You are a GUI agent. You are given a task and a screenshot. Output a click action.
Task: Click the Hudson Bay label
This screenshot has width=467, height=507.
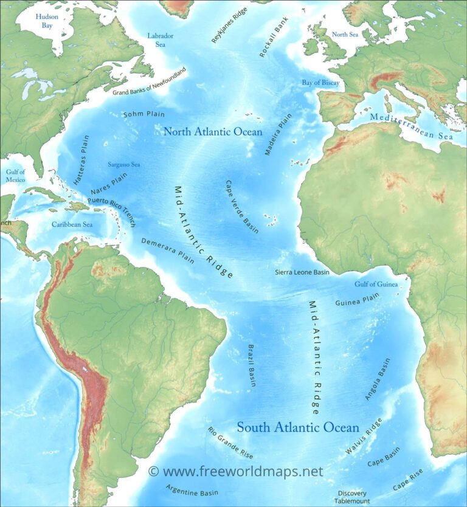pos(47,21)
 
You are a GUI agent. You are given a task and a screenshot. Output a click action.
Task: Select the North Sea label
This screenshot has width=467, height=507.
pos(345,35)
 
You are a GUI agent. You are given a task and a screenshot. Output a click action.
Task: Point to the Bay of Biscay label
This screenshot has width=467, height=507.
pos(320,82)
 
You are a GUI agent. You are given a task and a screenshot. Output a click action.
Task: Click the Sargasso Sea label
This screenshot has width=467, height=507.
pos(124,164)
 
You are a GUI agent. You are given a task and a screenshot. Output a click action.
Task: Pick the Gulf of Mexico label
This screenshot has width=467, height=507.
pos(15,176)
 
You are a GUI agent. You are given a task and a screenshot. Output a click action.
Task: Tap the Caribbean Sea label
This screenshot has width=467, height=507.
pos(72,224)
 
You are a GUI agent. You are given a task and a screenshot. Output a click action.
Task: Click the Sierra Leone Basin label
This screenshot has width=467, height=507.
pos(302,272)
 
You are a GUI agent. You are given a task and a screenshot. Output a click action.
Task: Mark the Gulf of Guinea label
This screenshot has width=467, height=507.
pos(376,284)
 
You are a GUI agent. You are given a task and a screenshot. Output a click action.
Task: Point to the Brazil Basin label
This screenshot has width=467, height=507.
pos(252,365)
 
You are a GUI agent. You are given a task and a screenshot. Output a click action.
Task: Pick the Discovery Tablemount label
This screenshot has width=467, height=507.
pos(353,497)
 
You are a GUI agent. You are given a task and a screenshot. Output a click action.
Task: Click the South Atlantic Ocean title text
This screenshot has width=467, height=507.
pos(297,427)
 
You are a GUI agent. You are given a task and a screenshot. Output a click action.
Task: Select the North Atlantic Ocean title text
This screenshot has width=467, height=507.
pos(213,131)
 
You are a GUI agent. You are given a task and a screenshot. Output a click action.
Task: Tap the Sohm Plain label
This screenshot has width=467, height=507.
pos(144,114)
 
